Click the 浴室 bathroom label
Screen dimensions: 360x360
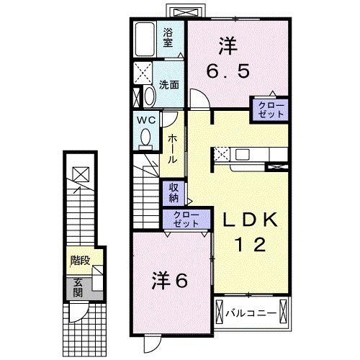click(168, 38)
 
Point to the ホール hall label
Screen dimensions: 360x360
click(173, 148)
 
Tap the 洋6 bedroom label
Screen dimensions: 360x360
click(171, 280)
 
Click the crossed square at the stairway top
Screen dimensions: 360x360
click(81, 173)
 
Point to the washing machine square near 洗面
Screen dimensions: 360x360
click(142, 73)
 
